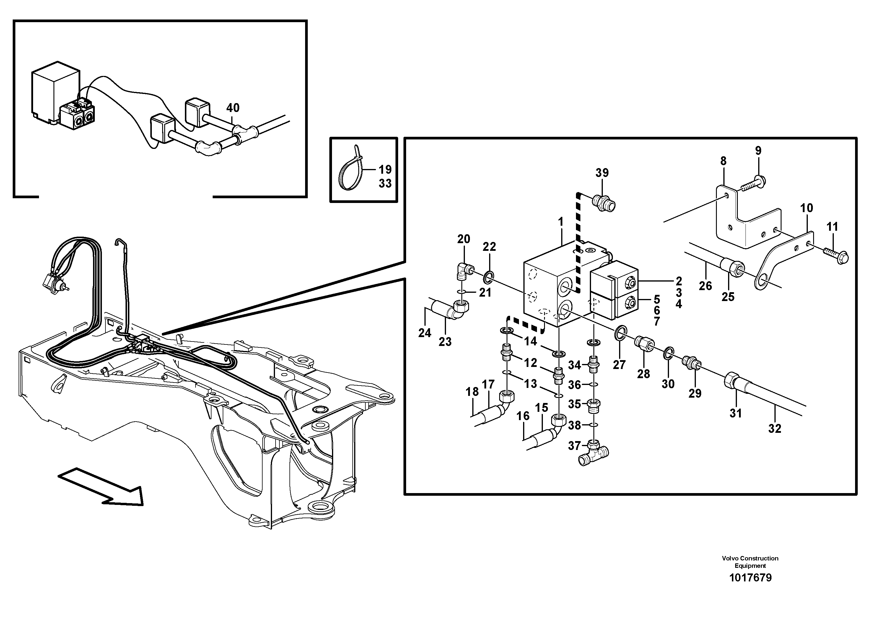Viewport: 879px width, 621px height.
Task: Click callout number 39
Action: click(x=602, y=173)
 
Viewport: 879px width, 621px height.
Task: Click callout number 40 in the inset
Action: click(x=233, y=108)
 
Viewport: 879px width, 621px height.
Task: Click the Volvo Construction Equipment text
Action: click(x=750, y=562)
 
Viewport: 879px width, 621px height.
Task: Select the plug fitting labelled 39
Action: click(x=604, y=203)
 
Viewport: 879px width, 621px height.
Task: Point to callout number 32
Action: click(x=774, y=428)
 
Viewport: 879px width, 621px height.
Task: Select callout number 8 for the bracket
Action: click(x=723, y=161)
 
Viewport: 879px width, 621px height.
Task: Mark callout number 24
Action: click(x=424, y=333)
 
